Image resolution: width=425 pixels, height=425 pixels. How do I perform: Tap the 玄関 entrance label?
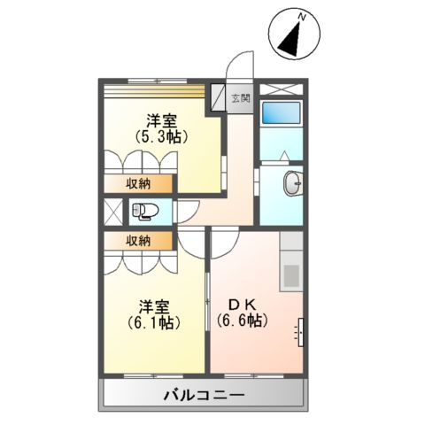(x=241, y=98)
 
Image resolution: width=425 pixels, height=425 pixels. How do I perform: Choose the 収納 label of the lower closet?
(x=136, y=241)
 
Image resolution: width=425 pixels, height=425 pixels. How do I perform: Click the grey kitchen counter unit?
(x=291, y=262)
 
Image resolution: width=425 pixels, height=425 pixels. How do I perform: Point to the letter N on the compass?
(x=302, y=17)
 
